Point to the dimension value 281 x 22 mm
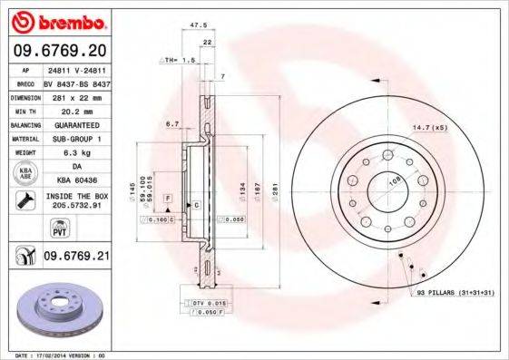(x=76, y=97)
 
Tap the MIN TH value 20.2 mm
(x=76, y=111)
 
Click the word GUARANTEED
(x=76, y=124)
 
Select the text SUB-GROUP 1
(x=76, y=139)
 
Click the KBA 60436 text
(x=76, y=181)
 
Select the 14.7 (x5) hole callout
(x=430, y=129)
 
